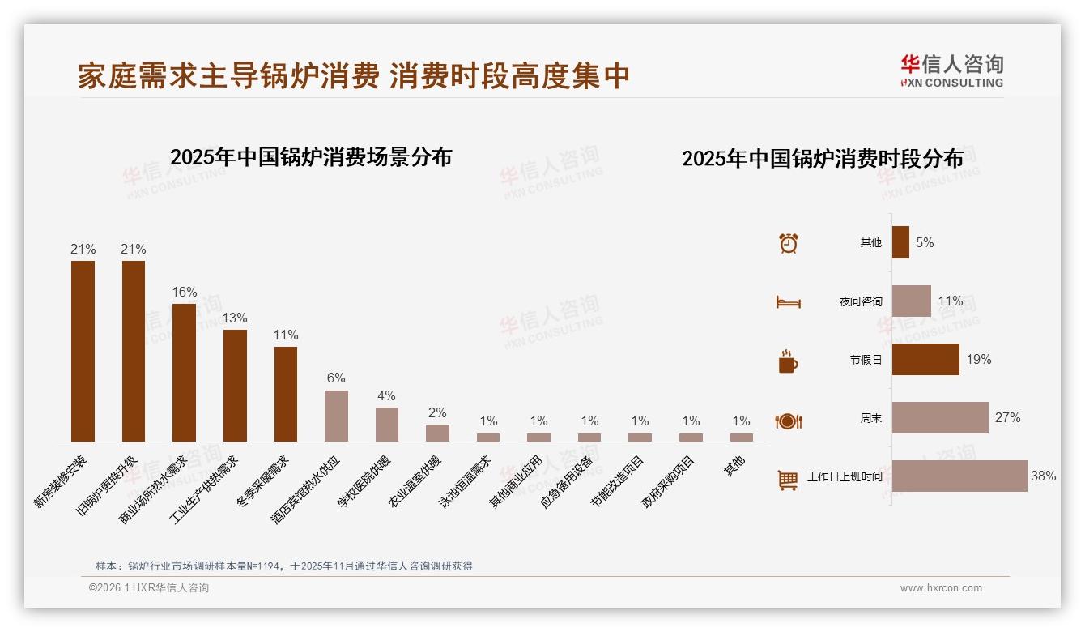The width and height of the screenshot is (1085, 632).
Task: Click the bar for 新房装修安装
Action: pos(83,351)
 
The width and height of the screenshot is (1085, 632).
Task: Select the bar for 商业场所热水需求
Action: pos(184,373)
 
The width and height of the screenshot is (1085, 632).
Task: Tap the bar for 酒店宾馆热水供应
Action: pos(336,416)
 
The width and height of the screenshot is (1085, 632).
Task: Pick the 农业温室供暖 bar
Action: pos(437,433)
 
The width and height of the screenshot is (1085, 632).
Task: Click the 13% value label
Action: pos(235,318)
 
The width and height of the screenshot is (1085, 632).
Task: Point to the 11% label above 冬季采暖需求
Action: pos(286,335)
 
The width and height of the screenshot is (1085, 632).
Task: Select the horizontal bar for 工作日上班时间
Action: pos(959,476)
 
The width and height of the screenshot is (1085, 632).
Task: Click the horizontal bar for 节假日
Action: pos(925,359)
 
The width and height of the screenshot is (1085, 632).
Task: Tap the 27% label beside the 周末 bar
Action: pos(1007,418)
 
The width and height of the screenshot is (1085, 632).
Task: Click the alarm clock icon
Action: pos(789,243)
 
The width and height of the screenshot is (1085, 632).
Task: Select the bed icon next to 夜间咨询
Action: pos(789,302)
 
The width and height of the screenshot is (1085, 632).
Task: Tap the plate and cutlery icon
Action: pos(789,421)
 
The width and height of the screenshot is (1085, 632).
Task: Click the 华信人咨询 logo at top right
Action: pos(951,71)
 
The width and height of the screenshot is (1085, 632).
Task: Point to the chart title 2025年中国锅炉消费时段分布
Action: pos(823,159)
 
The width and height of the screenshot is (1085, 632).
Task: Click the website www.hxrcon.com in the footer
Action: pos(941,588)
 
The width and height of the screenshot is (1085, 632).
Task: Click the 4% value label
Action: pos(386,396)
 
